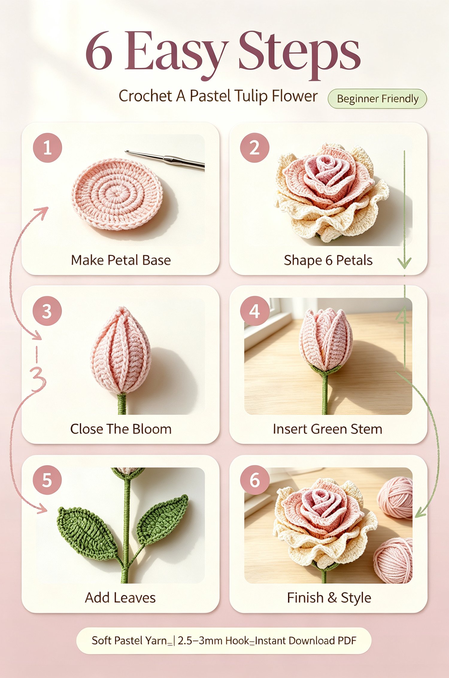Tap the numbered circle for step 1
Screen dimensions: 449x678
click(x=47, y=148)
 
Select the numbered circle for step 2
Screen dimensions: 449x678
click(x=255, y=148)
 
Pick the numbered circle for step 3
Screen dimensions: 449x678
click(x=47, y=311)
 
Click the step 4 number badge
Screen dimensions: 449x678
click(x=255, y=311)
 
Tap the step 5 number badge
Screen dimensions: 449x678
click(x=47, y=480)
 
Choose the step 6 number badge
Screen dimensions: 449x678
click(x=255, y=480)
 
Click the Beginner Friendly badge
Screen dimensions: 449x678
click(x=377, y=99)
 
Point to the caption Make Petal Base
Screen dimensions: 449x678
click(x=121, y=260)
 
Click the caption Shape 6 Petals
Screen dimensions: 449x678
click(x=328, y=260)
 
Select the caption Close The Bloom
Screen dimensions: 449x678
click(x=121, y=429)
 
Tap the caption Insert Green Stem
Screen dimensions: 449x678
click(x=328, y=429)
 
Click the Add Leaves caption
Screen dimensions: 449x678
click(x=120, y=598)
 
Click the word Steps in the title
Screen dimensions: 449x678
click(x=299, y=54)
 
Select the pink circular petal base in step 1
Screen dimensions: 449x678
click(x=117, y=194)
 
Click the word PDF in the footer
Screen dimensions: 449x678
click(x=347, y=641)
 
